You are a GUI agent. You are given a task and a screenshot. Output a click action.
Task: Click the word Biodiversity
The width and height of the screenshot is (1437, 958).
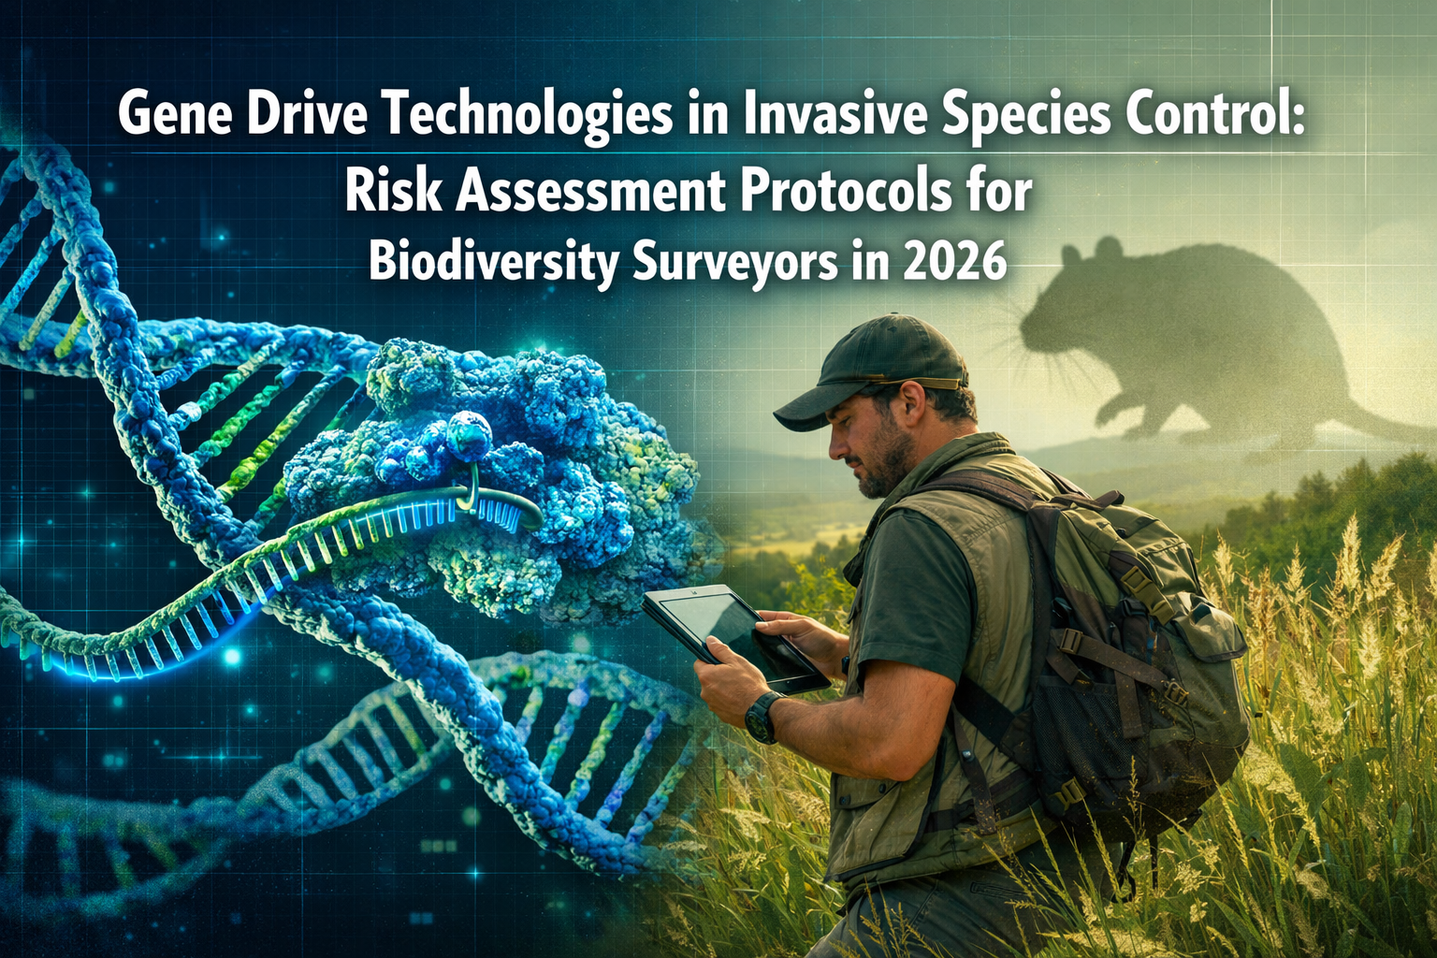pos(493,263)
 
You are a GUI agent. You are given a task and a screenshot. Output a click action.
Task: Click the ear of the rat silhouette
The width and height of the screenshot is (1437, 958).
pos(1109,251)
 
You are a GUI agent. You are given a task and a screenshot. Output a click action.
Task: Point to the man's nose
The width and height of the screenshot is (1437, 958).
pos(835,443)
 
